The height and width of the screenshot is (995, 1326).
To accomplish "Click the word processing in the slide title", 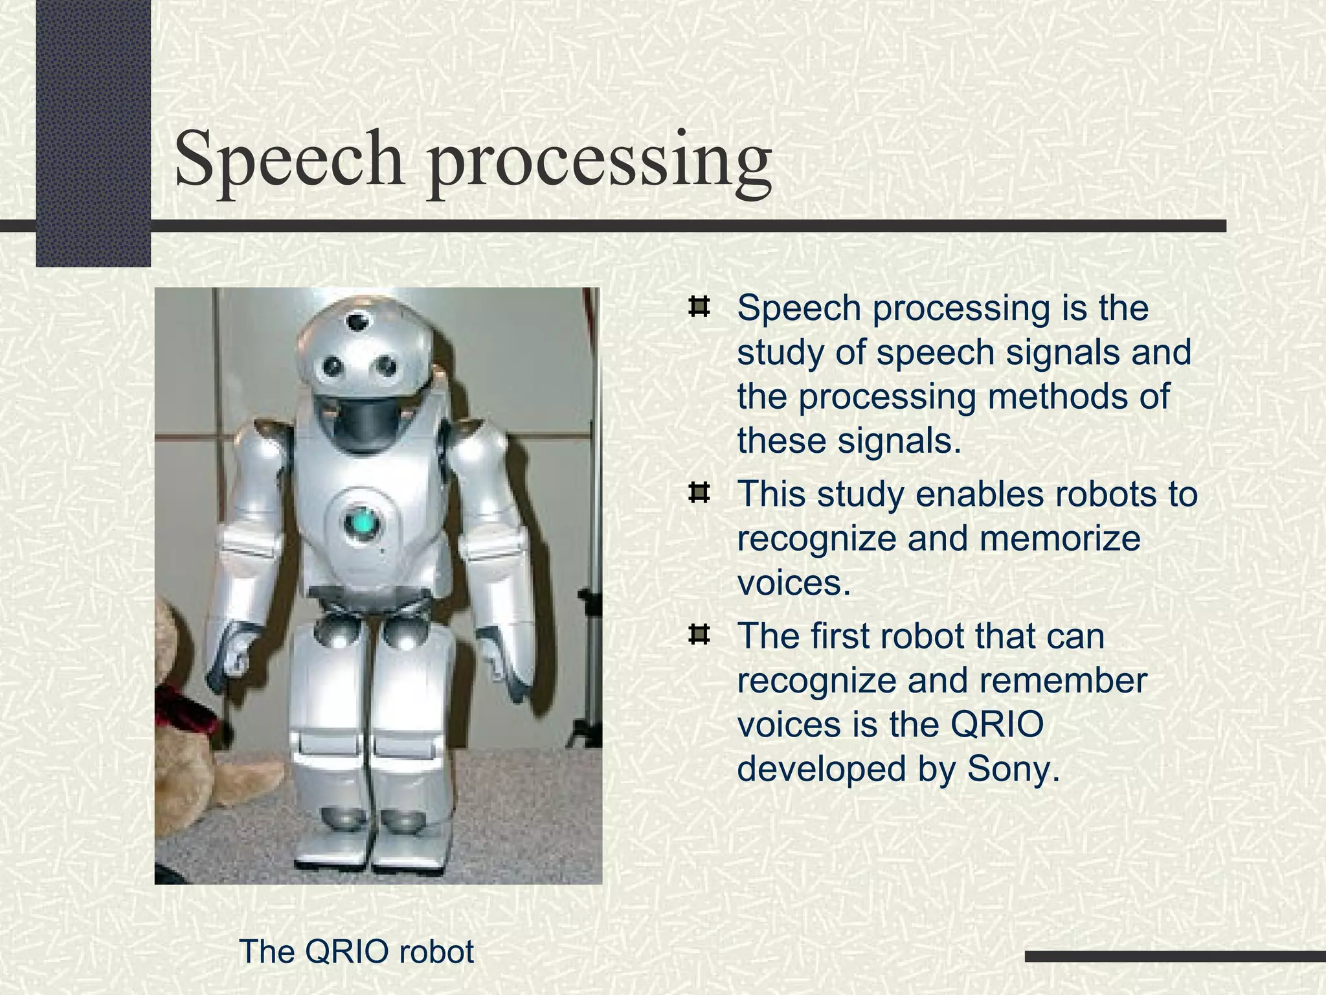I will pos(599,161).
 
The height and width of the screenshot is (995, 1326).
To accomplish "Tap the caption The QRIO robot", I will pos(356,952).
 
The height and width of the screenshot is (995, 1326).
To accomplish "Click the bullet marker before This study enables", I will pos(699,494).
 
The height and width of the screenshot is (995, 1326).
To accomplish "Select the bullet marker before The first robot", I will pos(699,635).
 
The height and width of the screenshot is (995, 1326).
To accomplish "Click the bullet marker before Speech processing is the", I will pos(699,307).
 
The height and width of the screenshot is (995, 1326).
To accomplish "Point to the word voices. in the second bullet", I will pos(794,583).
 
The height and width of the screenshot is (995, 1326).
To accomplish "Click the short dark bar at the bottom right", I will pos(1175,956).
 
